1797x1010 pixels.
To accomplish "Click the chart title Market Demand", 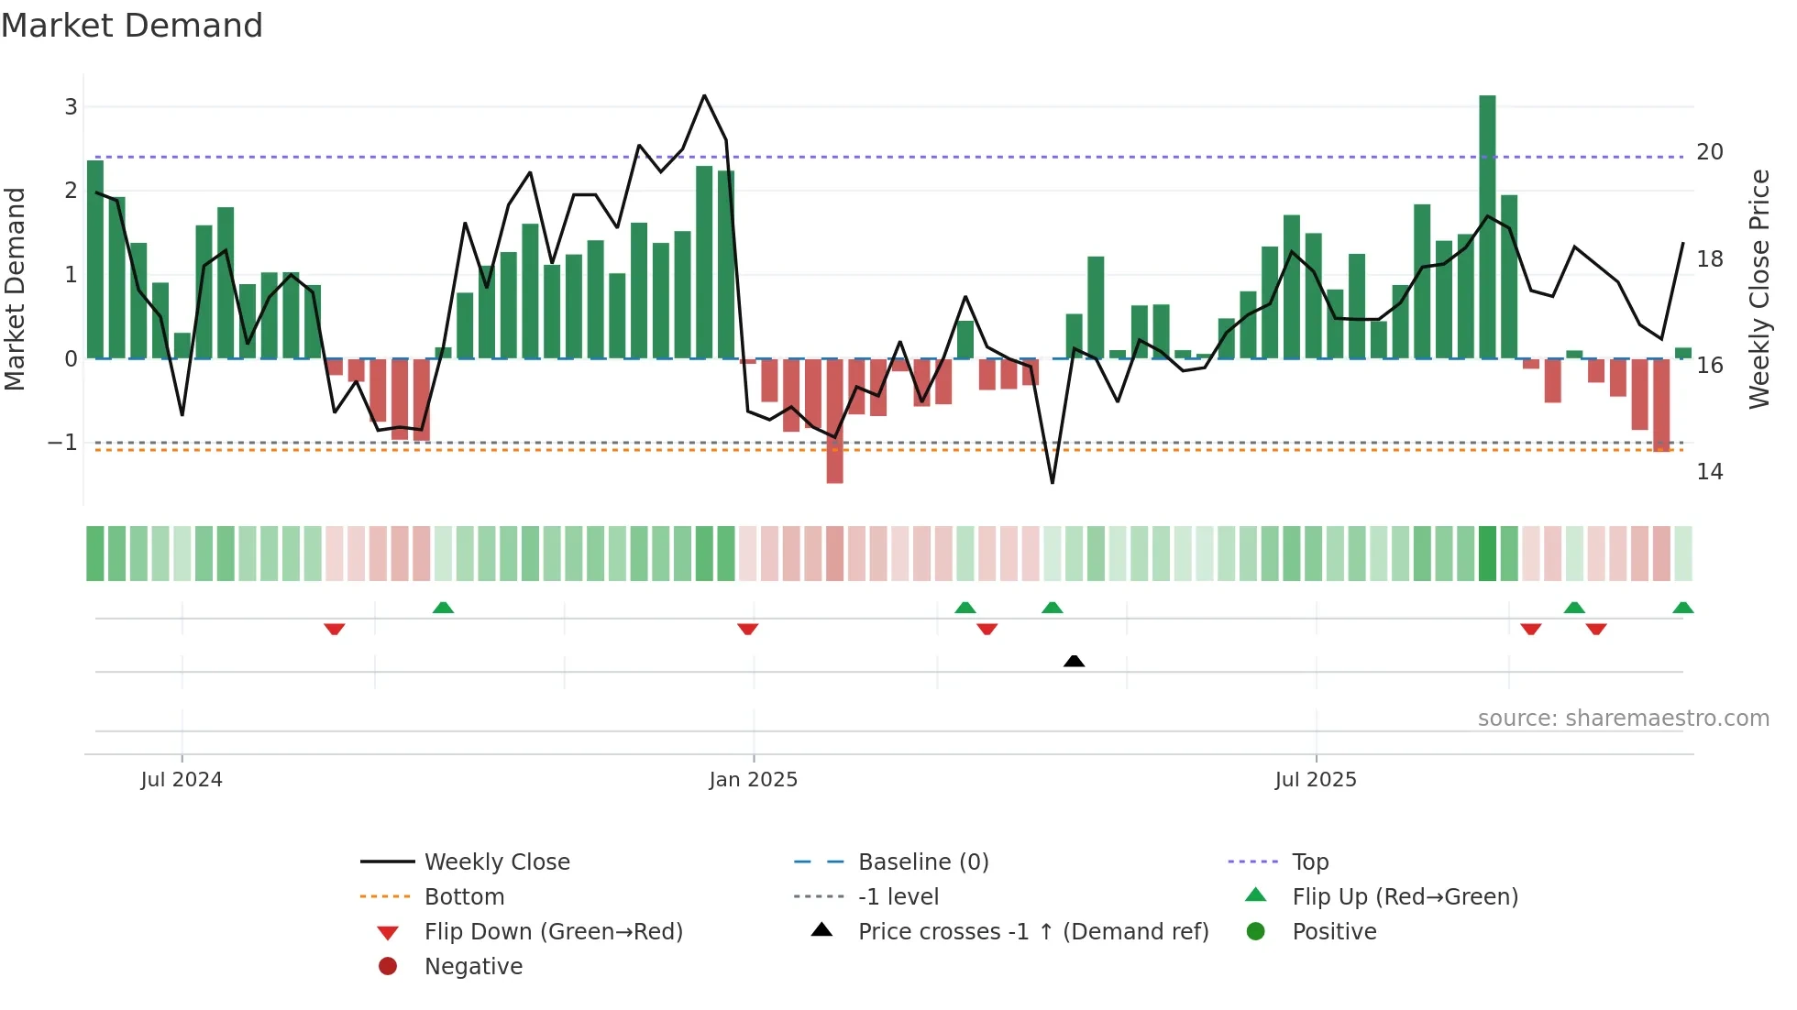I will pyautogui.click(x=132, y=26).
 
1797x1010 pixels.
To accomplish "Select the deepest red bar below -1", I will pyautogui.click(x=834, y=421).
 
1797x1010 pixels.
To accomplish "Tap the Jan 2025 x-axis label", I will pyautogui.click(x=753, y=780).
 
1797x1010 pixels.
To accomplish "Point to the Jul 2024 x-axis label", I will pyautogui.click(x=182, y=780).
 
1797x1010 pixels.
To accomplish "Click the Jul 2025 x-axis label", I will pyautogui.click(x=1315, y=780).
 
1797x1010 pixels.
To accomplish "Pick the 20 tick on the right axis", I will pyautogui.click(x=1709, y=152).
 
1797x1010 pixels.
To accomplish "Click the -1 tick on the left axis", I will pyautogui.click(x=63, y=443).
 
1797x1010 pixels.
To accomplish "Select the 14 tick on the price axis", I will pyautogui.click(x=1709, y=472).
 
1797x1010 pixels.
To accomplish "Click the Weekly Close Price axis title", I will pyautogui.click(x=1758, y=289).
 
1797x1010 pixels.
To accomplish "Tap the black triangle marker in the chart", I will pyautogui.click(x=1074, y=661).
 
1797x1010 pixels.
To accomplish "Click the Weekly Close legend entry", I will pyautogui.click(x=496, y=862).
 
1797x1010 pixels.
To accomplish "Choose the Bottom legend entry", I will pyautogui.click(x=464, y=897).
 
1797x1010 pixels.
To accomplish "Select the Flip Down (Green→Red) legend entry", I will pyautogui.click(x=553, y=932).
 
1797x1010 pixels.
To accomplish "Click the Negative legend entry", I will pyautogui.click(x=473, y=967).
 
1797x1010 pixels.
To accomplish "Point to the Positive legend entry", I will pyautogui.click(x=1334, y=932).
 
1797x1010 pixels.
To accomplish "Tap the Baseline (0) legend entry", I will pyautogui.click(x=922, y=862).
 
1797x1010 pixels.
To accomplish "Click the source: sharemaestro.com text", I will pyautogui.click(x=1623, y=719).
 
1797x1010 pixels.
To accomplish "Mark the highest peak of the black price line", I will pyautogui.click(x=704, y=95).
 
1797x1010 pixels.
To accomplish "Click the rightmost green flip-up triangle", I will pyautogui.click(x=1682, y=608).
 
